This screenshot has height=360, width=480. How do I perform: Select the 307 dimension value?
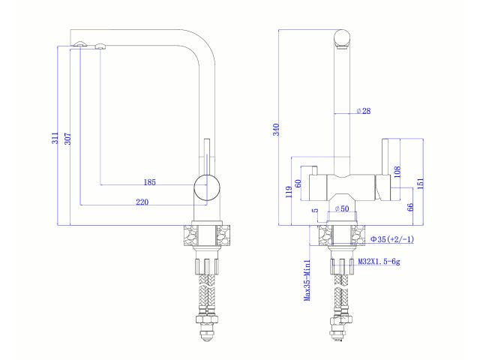pyautogui.click(x=67, y=138)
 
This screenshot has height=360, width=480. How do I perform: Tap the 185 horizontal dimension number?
pyautogui.click(x=149, y=182)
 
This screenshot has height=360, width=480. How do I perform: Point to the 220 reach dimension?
pyautogui.click(x=142, y=202)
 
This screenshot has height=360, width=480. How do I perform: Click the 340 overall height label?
pyautogui.click(x=276, y=129)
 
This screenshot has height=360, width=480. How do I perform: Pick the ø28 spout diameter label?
pyautogui.click(x=364, y=111)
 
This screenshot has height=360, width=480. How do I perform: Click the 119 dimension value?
pyautogui.click(x=289, y=192)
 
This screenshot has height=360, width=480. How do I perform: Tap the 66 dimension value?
pyautogui.click(x=409, y=208)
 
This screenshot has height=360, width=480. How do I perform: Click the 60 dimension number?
pyautogui.click(x=298, y=183)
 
